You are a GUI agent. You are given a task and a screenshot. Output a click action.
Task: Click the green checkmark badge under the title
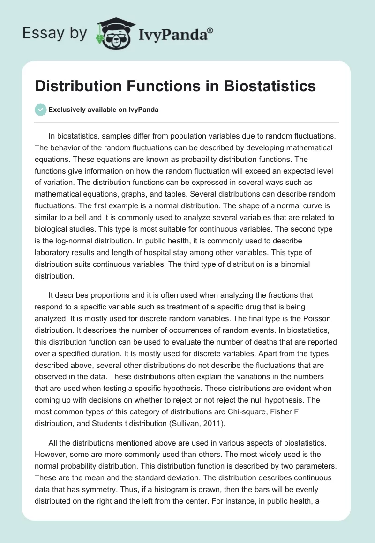click(x=41, y=110)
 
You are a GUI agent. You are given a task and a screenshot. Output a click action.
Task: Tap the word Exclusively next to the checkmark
click(x=67, y=110)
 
